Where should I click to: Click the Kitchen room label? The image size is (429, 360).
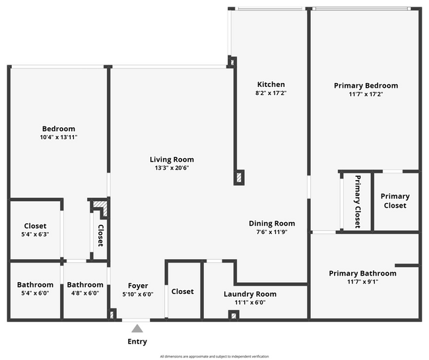271,84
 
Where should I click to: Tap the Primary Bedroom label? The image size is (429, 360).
366,86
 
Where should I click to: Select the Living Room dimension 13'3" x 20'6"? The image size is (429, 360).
172,168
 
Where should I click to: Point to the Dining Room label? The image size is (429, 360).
271,224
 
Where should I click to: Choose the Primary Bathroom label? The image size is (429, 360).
362,274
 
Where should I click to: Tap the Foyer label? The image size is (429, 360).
137,285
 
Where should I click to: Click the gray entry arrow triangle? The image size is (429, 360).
137,328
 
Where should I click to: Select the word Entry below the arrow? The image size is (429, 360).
137,342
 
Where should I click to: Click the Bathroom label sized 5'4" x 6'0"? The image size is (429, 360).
35,285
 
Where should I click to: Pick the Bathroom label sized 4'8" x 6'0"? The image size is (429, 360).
85,285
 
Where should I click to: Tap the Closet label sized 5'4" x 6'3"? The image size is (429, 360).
35,225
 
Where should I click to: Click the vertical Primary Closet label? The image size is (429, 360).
358,202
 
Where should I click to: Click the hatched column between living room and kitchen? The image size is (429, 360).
239,177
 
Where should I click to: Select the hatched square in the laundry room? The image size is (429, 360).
233,315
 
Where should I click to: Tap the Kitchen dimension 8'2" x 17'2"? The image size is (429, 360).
271,94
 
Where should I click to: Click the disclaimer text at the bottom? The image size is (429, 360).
214,356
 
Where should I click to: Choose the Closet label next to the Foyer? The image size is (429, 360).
182,291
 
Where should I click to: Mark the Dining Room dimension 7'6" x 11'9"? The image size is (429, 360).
271,232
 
